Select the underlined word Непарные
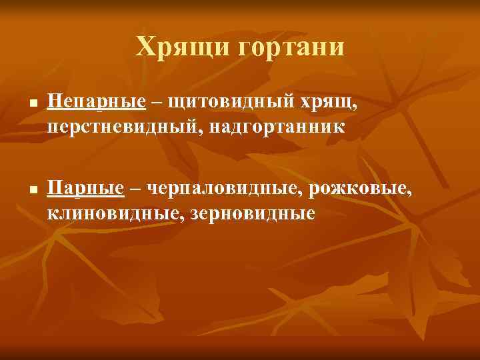(x=97, y=102)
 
